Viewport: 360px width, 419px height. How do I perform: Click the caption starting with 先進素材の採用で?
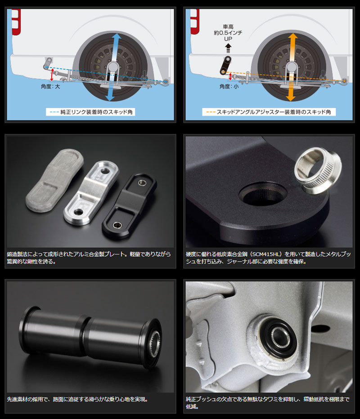point(77,399)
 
